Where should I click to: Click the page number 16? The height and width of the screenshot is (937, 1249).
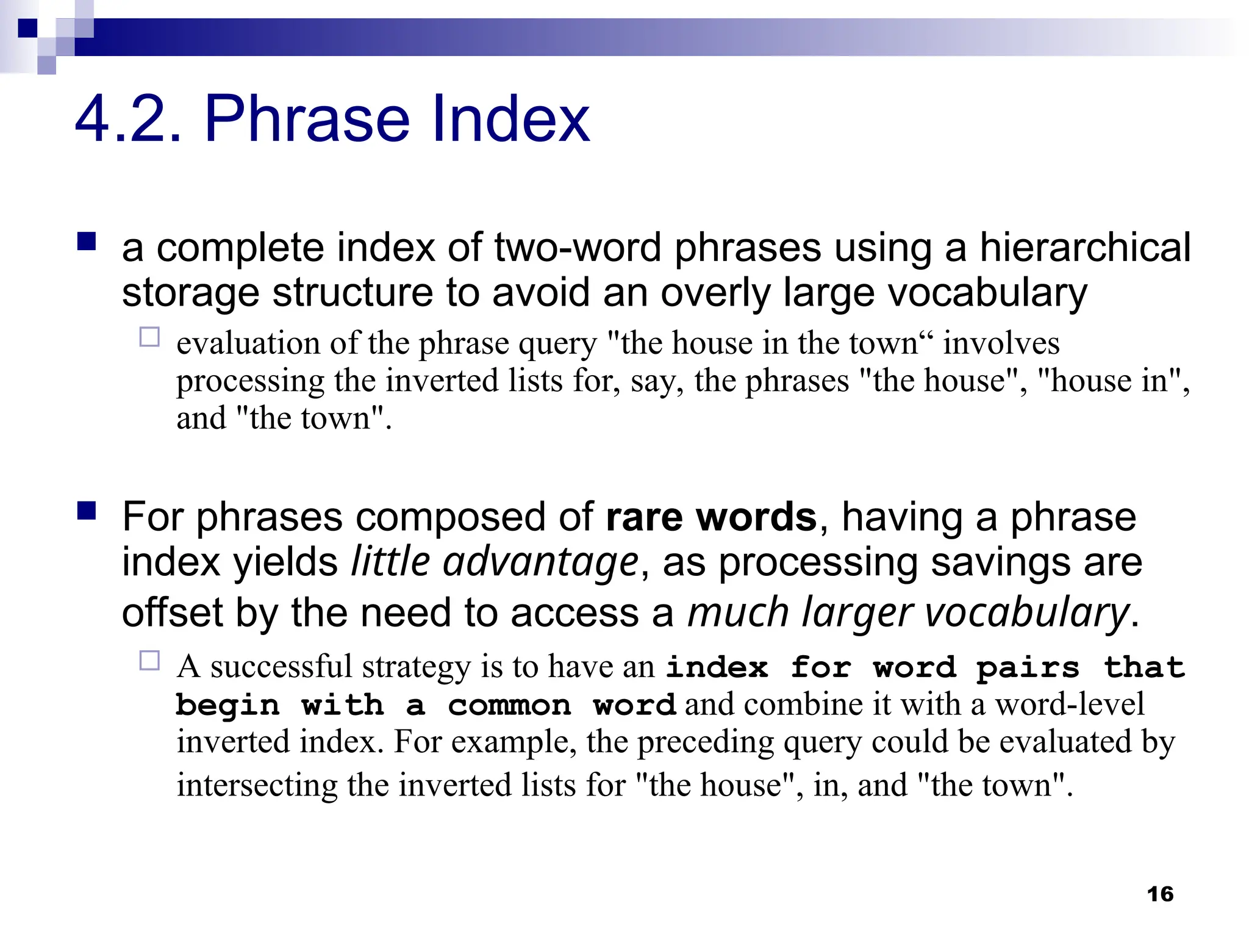click(1159, 894)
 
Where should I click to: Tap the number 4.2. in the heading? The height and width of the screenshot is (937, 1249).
click(128, 119)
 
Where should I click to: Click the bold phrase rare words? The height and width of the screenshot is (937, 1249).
click(710, 517)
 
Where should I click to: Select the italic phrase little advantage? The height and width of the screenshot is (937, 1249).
click(495, 562)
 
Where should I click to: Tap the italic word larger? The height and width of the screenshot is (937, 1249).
click(857, 612)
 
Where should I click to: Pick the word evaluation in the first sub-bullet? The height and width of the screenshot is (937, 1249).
click(248, 343)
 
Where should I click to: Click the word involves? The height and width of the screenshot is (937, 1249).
click(1001, 343)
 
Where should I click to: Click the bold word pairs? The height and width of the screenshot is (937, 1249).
click(1027, 667)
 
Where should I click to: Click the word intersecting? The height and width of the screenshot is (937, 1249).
click(257, 785)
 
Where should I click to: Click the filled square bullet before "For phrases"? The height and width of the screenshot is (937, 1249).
click(87, 511)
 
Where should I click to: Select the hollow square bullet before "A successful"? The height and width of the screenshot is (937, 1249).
click(149, 661)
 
